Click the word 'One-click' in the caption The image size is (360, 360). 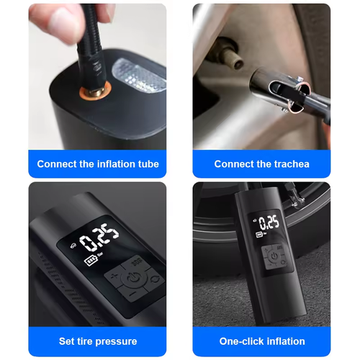click(x=242, y=341)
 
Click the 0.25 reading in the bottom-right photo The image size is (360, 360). click(x=268, y=222)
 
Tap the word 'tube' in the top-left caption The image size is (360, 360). click(x=146, y=164)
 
